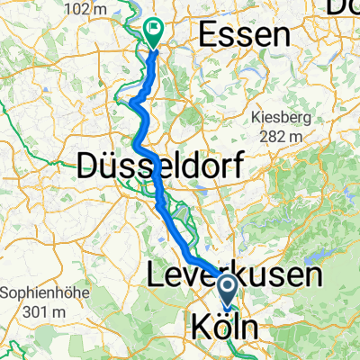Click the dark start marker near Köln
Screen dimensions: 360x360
click(227, 289)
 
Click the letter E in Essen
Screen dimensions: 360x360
click(205, 36)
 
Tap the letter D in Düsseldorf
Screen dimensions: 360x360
click(89, 164)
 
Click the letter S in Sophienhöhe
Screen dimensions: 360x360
click(6, 293)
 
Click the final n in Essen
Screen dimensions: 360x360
click(283, 37)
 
